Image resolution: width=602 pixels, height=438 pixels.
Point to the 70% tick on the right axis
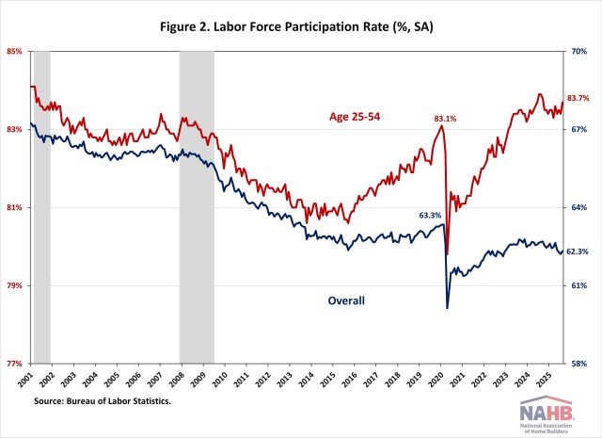(580, 51)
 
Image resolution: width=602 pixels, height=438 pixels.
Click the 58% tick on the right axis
(580, 364)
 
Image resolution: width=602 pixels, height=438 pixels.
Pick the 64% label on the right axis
(580, 207)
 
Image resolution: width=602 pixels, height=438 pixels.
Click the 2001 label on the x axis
(27, 379)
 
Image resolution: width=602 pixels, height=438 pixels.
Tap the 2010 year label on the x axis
(220, 379)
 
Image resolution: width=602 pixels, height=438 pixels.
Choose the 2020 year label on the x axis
(435, 379)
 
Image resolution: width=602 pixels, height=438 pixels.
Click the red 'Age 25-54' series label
(353, 117)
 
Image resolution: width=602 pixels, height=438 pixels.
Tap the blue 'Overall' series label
(345, 300)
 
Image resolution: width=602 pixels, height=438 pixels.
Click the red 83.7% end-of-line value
(578, 98)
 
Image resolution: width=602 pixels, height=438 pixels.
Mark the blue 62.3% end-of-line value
(578, 251)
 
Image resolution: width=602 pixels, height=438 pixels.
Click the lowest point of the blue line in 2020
(447, 308)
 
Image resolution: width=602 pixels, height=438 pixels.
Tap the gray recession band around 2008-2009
(197, 207)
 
